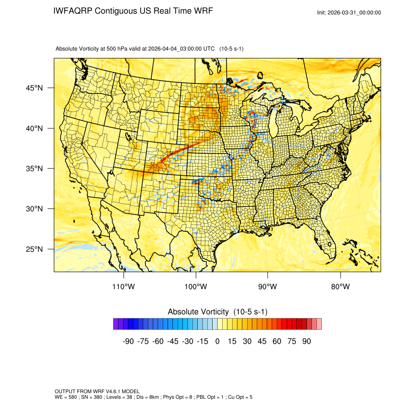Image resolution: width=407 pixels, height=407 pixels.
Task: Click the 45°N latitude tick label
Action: click(34, 88)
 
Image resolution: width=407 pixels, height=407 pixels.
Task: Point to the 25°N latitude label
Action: click(34, 249)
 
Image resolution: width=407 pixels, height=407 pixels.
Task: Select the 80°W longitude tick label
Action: click(340, 287)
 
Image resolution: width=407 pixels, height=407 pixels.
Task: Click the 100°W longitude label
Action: click(196, 287)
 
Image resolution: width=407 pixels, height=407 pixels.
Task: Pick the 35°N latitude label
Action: click(34, 169)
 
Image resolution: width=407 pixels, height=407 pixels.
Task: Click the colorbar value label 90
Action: click(306, 341)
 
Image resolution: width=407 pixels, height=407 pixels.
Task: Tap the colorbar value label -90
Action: click(128, 341)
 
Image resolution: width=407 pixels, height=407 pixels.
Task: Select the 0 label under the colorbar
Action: click(217, 341)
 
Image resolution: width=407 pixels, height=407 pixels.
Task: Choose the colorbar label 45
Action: click(262, 341)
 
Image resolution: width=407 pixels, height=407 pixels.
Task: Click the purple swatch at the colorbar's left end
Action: click(116, 324)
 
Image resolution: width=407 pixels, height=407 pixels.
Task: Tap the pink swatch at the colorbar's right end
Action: click(319, 324)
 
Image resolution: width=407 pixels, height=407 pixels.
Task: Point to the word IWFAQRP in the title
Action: click(73, 11)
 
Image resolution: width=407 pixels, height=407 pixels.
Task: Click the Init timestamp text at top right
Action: click(349, 13)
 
